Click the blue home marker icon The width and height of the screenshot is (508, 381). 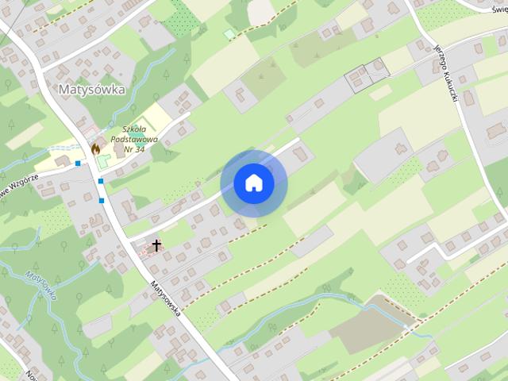click(x=253, y=183)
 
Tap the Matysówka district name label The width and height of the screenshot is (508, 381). click(x=92, y=90)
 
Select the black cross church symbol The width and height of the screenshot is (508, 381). click(x=156, y=245)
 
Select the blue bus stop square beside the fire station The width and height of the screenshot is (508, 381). click(x=78, y=164)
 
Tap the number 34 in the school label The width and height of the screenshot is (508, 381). click(x=139, y=149)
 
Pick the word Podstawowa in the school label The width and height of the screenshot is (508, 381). click(x=135, y=140)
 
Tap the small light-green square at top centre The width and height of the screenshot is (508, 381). click(x=229, y=34)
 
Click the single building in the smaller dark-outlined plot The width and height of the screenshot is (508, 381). click(x=380, y=67)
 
